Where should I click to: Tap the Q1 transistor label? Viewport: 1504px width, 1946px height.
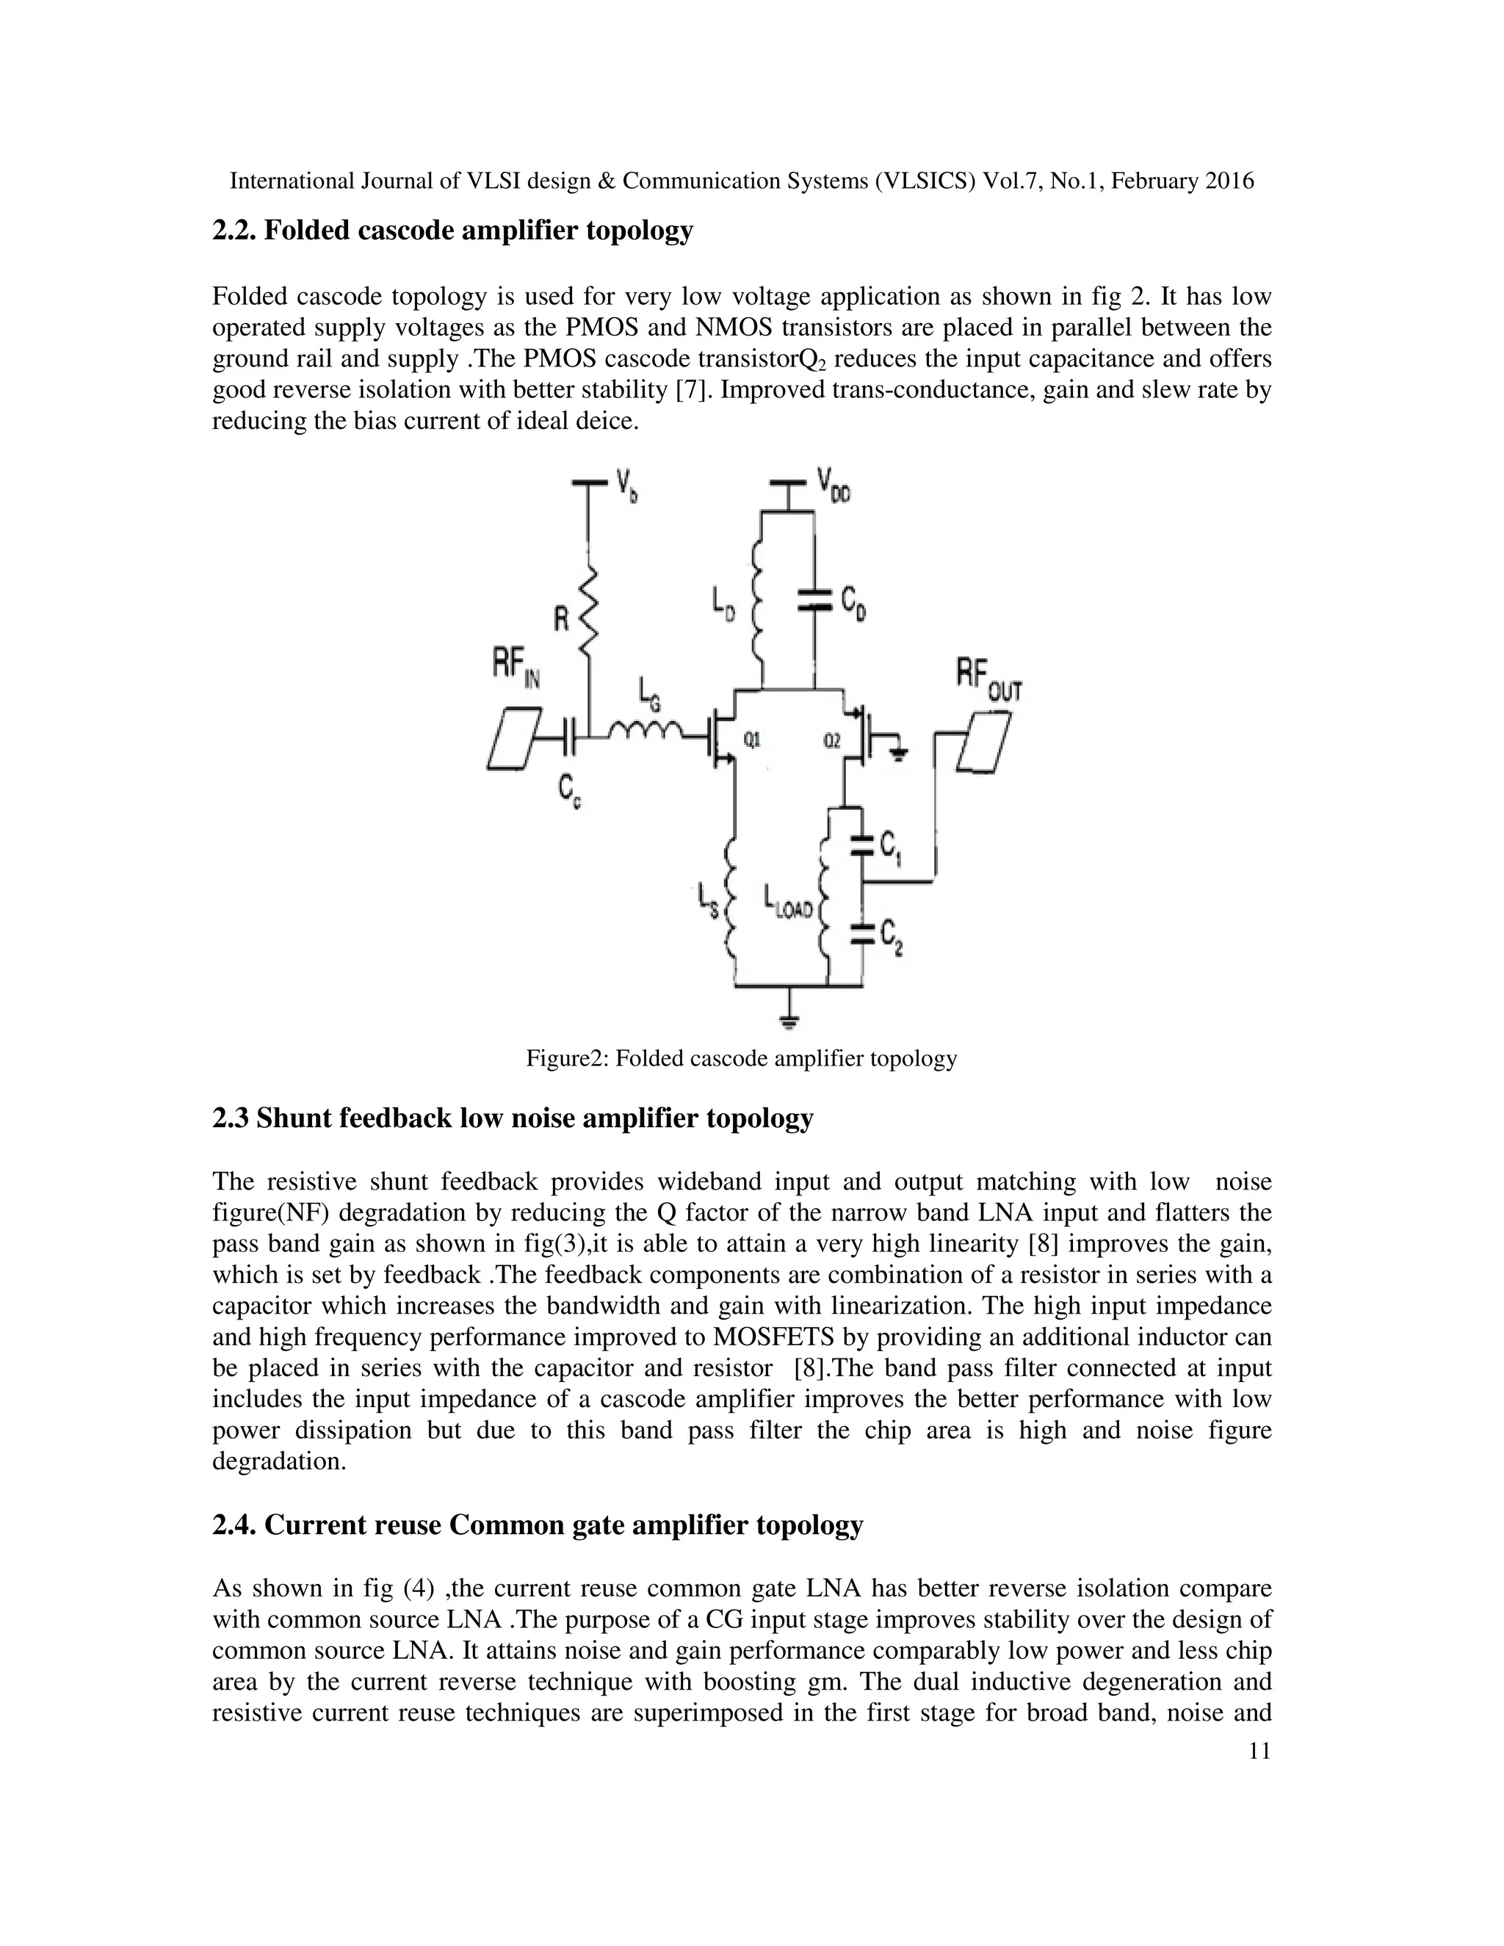pyautogui.click(x=752, y=739)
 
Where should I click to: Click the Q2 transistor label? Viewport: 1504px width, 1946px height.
pyautogui.click(x=831, y=740)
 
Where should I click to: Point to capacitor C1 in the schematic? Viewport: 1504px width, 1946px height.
pyautogui.click(x=861, y=844)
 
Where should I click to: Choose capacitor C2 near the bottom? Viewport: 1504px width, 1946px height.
pyautogui.click(x=861, y=934)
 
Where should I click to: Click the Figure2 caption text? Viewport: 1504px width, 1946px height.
pyautogui.click(x=740, y=1058)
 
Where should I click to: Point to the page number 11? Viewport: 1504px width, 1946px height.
pyautogui.click(x=1259, y=1751)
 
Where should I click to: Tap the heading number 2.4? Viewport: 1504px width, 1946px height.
pyautogui.click(x=234, y=1524)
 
